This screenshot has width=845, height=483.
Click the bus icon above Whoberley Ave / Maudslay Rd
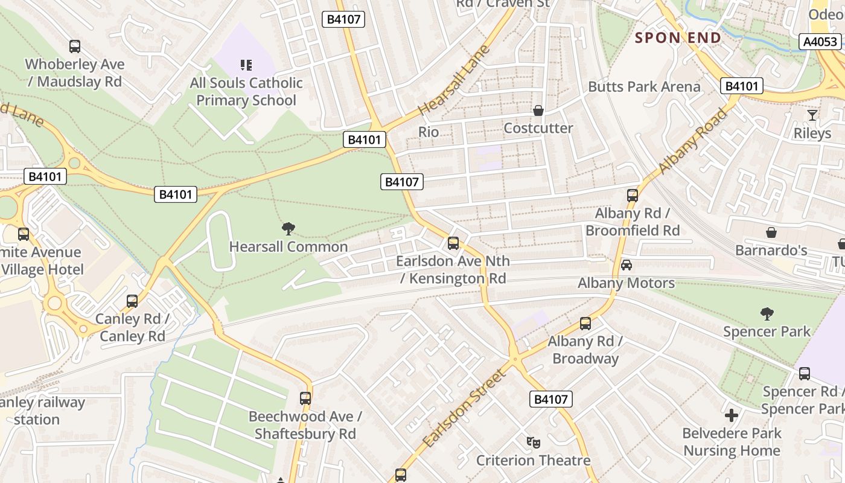point(75,46)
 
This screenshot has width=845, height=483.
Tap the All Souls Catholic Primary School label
point(246,92)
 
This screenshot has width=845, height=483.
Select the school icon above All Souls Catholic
point(246,65)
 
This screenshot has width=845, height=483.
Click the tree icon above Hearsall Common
point(289,229)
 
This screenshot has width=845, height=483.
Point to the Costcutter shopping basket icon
point(538,110)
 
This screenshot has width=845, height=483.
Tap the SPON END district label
point(678,38)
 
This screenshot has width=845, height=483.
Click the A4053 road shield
point(820,42)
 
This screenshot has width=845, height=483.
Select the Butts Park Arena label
point(644,87)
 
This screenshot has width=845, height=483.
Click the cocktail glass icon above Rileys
point(812,115)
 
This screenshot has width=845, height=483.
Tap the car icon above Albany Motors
point(627,265)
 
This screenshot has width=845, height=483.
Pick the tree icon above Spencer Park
point(767,313)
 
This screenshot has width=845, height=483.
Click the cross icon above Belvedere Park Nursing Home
point(732,415)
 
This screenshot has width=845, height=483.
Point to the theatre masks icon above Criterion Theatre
point(533,443)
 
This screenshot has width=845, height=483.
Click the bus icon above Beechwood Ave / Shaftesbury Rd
point(305,398)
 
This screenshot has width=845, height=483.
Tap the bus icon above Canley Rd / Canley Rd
point(132,301)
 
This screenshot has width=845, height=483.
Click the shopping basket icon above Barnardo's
point(771,232)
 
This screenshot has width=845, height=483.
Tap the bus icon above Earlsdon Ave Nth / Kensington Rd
point(453,243)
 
